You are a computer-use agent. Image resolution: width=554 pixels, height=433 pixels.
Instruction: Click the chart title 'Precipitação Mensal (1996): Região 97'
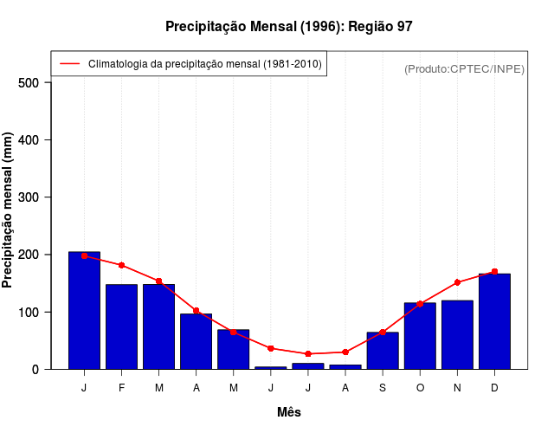click(x=288, y=27)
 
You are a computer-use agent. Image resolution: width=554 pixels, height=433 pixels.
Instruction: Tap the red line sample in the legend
click(x=70, y=64)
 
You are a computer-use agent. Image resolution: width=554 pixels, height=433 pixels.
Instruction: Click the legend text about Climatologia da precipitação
click(x=205, y=64)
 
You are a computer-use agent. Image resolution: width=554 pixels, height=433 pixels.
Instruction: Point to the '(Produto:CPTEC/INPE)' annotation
click(x=464, y=68)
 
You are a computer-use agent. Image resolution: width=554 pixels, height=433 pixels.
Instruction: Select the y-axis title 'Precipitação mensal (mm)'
click(x=8, y=210)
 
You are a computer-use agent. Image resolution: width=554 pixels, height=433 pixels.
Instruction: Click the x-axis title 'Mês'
click(x=289, y=412)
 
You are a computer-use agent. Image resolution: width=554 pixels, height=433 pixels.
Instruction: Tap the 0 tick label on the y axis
click(x=35, y=369)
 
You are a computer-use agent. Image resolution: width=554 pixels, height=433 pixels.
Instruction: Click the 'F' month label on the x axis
click(x=121, y=388)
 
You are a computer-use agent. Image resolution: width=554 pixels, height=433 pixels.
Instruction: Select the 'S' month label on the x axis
click(x=383, y=388)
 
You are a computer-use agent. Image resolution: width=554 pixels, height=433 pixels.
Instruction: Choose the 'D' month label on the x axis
click(x=494, y=388)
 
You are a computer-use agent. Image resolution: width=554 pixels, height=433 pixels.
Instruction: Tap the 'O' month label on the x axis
click(x=420, y=388)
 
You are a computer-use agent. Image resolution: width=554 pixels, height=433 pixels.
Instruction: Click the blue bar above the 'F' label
click(x=121, y=326)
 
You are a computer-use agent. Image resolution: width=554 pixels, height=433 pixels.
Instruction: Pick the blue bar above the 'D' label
click(x=494, y=321)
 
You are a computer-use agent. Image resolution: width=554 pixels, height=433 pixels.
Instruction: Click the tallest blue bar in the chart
click(x=84, y=310)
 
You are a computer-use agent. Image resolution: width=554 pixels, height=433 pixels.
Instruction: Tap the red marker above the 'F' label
click(x=121, y=265)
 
